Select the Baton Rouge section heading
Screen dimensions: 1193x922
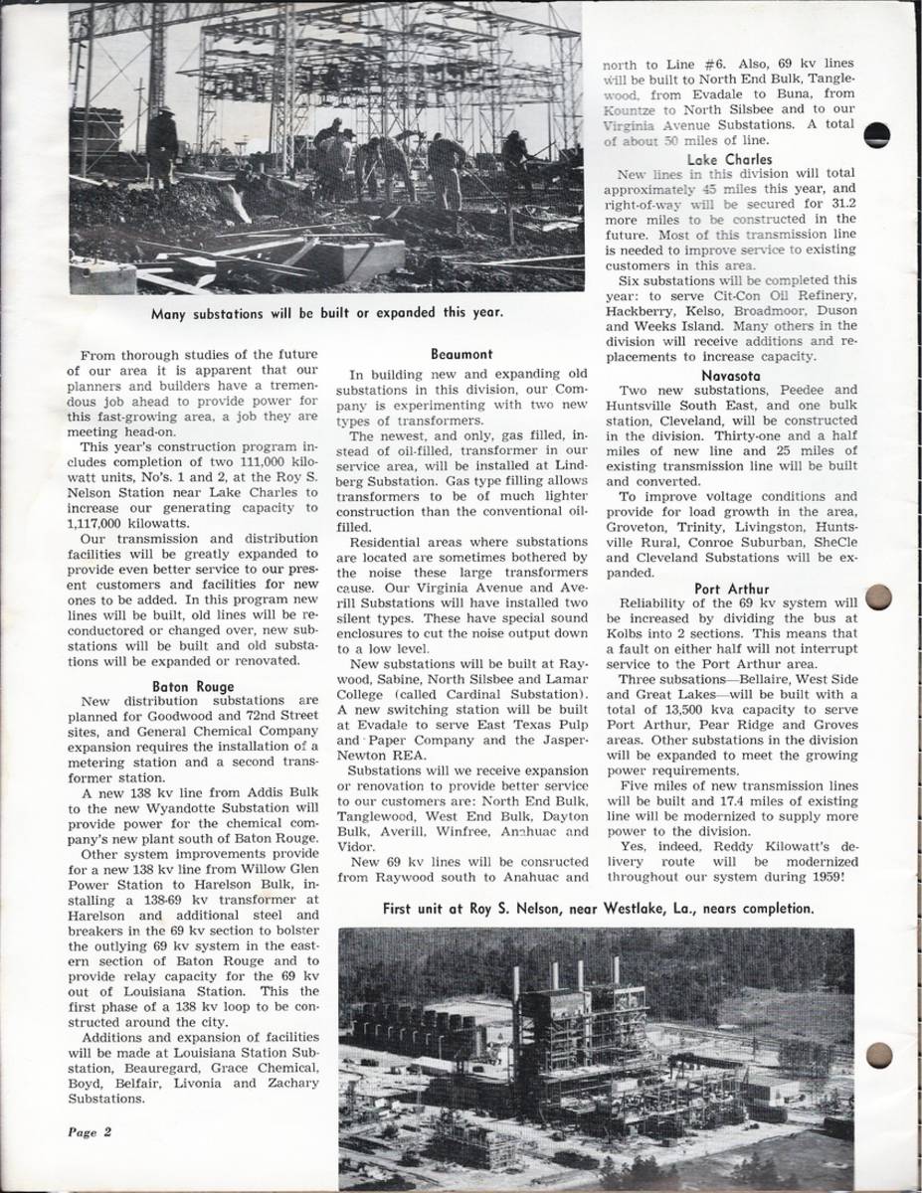[192, 685]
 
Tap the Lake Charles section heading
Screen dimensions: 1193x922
[728, 158]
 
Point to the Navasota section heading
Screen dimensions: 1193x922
[730, 375]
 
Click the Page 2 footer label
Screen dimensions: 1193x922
[90, 1130]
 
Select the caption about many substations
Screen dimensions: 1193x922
[327, 312]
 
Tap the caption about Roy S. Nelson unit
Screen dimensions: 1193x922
[598, 907]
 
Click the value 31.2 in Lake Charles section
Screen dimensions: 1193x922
[833, 203]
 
